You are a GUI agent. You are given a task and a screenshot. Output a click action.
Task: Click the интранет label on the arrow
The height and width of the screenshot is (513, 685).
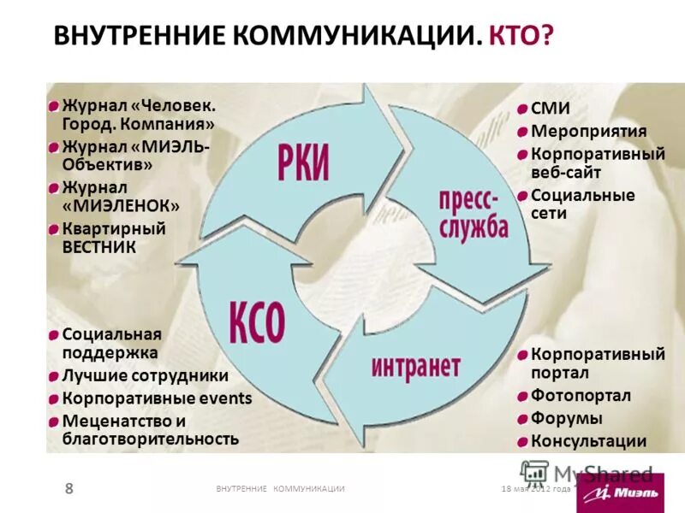(416, 367)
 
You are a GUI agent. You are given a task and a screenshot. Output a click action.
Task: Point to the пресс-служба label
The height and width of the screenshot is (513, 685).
(474, 214)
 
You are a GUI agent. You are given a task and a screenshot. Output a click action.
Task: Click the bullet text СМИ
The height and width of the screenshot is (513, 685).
(551, 109)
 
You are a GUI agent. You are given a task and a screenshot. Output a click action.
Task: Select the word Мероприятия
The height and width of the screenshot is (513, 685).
(588, 132)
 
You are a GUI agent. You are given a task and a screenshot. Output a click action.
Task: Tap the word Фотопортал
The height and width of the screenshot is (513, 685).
(581, 396)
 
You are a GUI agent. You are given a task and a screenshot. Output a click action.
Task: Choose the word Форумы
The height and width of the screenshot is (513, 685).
(567, 419)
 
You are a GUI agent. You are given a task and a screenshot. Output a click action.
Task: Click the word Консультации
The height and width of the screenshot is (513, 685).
(588, 441)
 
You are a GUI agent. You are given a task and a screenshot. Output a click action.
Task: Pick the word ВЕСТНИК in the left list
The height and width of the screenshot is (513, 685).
(98, 247)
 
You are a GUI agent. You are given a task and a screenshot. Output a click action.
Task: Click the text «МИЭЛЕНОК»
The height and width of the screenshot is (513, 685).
(121, 206)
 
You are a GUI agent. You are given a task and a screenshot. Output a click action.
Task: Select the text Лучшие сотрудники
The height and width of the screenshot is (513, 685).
(145, 375)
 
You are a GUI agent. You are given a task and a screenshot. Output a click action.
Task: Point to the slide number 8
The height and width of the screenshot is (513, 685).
(69, 488)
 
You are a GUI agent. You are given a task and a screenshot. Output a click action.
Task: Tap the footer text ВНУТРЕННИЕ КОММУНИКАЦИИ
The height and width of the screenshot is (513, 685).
(280, 488)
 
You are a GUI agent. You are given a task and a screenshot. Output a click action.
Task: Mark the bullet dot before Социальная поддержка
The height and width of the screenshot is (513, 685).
(53, 334)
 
